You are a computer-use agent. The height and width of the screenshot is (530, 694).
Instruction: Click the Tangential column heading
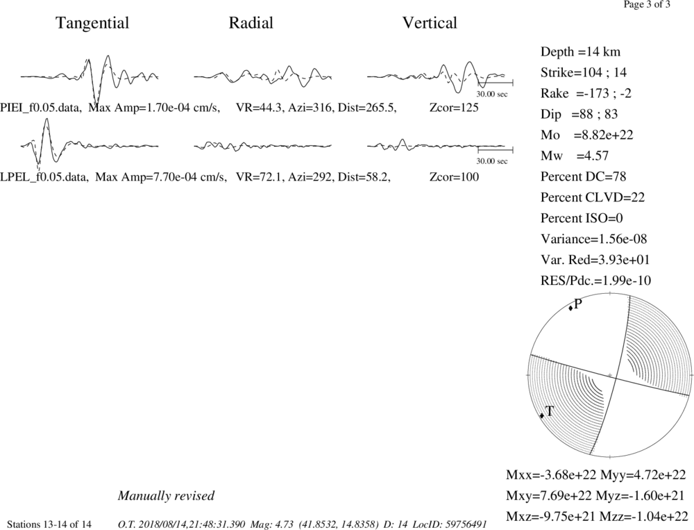coord(92,23)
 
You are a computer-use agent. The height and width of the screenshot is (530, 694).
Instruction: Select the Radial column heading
coord(251,23)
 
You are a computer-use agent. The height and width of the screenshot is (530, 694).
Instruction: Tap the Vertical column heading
coord(430,23)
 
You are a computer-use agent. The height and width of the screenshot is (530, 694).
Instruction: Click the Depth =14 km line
coord(580,52)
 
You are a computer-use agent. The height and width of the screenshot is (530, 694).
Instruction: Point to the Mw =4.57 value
coord(575,156)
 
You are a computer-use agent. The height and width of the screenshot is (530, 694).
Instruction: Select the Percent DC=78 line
coord(583,176)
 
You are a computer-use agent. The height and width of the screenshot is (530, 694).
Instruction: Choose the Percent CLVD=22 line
coord(592,197)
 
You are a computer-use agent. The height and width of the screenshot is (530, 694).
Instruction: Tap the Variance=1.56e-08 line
coord(593,239)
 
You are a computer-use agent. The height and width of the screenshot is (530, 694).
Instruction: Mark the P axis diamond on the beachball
coord(570,308)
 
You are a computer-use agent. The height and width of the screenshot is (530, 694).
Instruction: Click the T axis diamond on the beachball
coord(542,415)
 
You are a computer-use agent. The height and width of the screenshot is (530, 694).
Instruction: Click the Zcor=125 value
coord(454,107)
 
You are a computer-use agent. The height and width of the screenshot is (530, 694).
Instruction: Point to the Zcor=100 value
coord(454,177)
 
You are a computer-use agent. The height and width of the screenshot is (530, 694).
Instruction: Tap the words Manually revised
coord(166,495)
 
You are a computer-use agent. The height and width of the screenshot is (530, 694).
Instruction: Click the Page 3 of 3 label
coord(647,4)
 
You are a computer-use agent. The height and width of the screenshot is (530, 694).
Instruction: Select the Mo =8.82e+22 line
coord(587,135)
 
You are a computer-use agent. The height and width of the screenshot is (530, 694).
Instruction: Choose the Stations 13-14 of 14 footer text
coord(49,524)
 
